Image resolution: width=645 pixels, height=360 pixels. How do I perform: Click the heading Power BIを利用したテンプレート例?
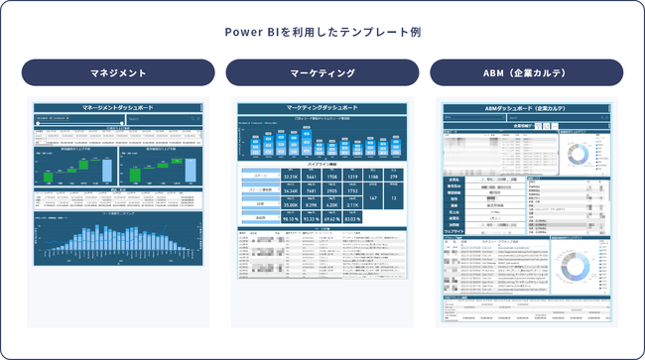pyautogui.click(x=322, y=32)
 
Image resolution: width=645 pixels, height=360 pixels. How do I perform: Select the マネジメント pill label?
pyautogui.click(x=118, y=72)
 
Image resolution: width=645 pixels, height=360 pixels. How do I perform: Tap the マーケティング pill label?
pyautogui.click(x=322, y=72)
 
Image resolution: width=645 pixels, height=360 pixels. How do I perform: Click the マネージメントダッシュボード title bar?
pyautogui.click(x=118, y=107)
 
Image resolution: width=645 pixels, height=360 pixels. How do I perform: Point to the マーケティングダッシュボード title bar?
pyautogui.click(x=322, y=107)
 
